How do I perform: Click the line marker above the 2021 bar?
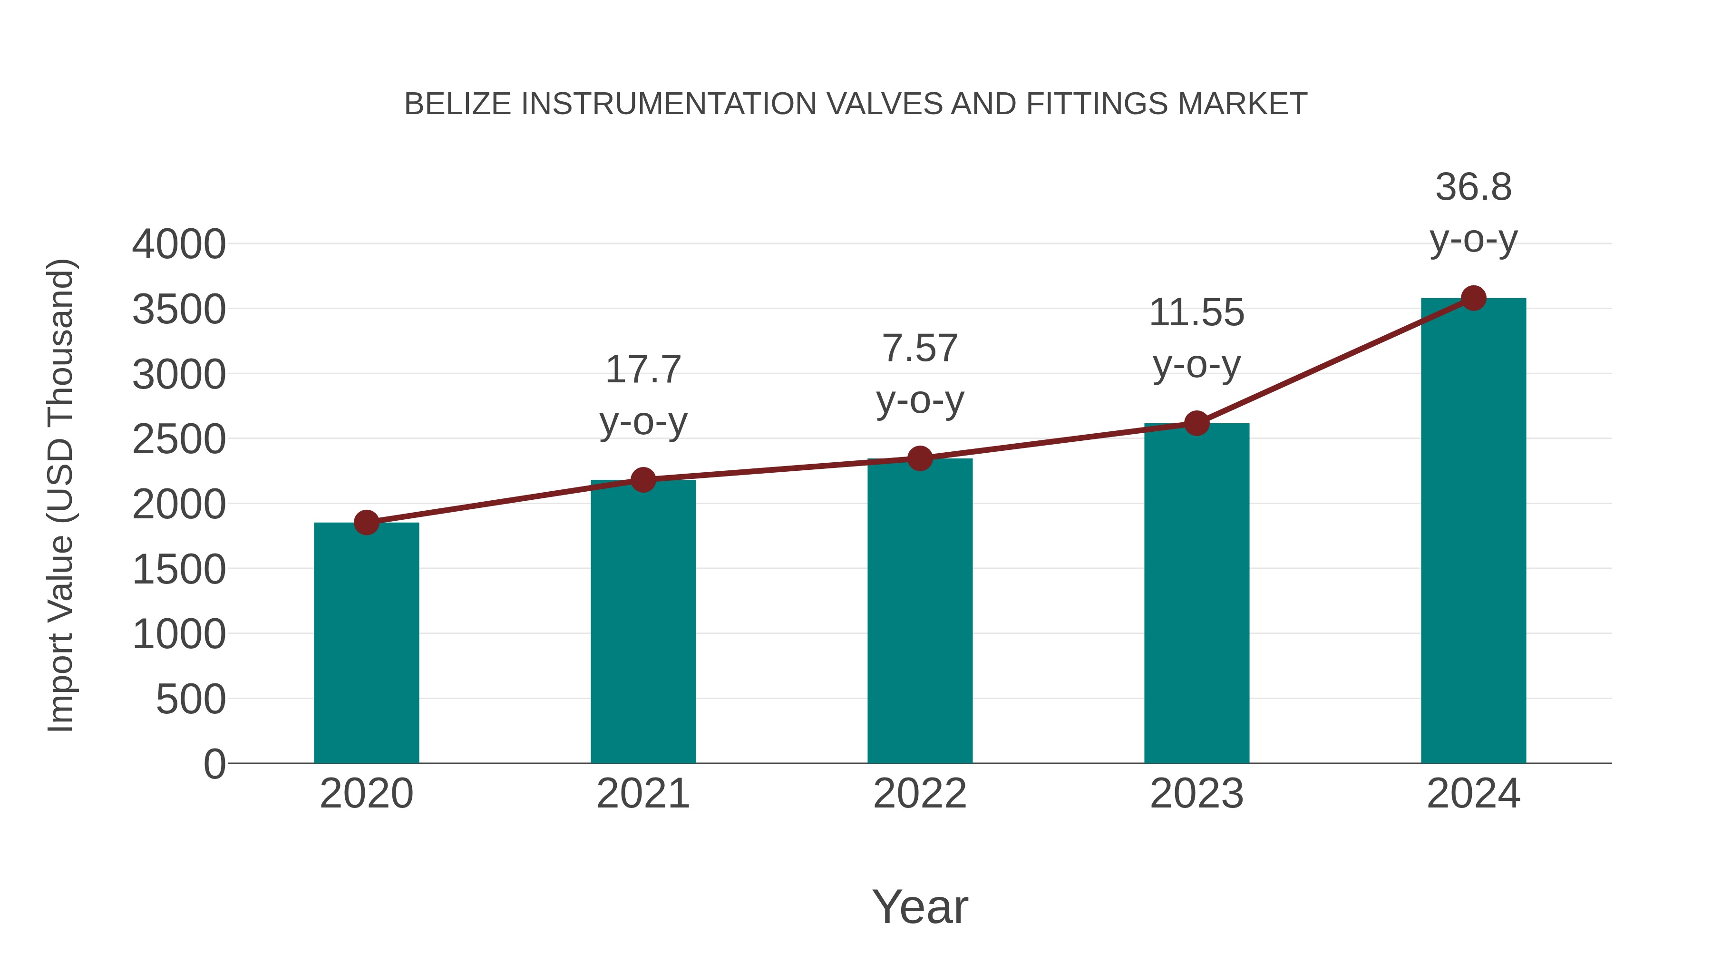click(642, 479)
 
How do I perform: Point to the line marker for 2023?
click(1196, 423)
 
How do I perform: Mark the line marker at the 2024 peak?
click(1473, 298)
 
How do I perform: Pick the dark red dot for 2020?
click(366, 522)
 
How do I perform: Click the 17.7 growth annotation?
click(642, 370)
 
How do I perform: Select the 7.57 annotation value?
click(920, 348)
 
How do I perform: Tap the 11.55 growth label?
click(1196, 312)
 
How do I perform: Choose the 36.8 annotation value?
click(1473, 187)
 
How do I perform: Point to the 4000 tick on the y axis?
click(179, 244)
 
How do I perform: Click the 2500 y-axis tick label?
click(179, 439)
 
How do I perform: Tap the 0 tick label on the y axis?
click(214, 764)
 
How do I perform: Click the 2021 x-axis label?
click(642, 794)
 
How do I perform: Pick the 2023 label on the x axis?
click(1196, 794)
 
